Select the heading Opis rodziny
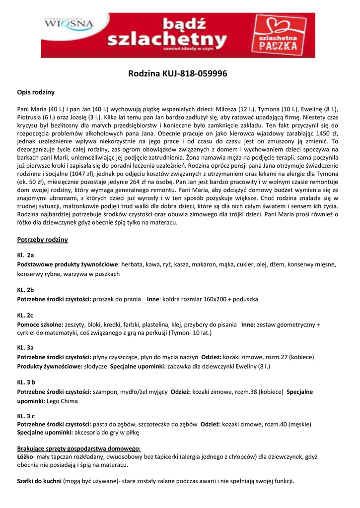click(x=36, y=92)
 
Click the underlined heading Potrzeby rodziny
click(x=42, y=240)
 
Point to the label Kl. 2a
click(x=25, y=255)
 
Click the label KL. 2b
click(x=25, y=289)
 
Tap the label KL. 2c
click(x=25, y=315)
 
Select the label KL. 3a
click(x=25, y=348)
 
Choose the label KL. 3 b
click(x=26, y=382)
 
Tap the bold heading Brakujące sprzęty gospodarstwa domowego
click(x=79, y=448)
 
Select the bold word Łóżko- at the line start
click(x=25, y=456)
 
